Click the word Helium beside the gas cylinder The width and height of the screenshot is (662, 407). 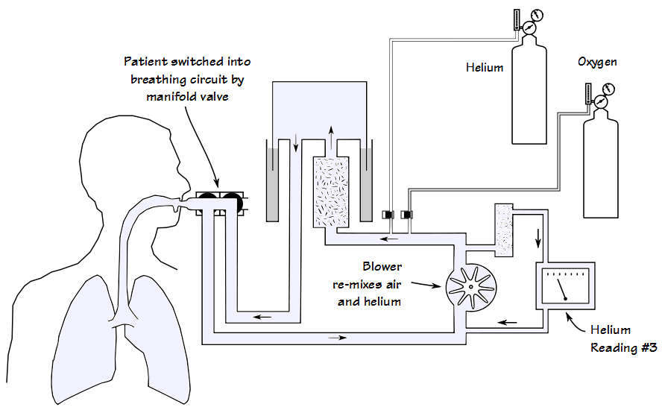(x=485, y=68)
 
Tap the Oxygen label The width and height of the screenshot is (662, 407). (x=597, y=62)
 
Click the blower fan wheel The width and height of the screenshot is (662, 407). (x=470, y=287)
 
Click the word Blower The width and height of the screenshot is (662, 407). (x=382, y=266)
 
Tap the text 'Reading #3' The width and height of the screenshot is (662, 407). (x=623, y=348)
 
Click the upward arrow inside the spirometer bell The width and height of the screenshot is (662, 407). (x=332, y=137)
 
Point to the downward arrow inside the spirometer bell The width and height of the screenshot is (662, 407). (x=296, y=142)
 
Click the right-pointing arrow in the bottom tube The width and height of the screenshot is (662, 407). (x=338, y=338)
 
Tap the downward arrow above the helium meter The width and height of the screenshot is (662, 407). (x=538, y=238)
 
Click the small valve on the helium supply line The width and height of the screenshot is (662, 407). (x=388, y=215)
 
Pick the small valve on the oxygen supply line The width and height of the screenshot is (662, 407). (x=406, y=215)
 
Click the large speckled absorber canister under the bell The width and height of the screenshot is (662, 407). (x=331, y=192)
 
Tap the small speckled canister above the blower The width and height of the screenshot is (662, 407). (x=504, y=230)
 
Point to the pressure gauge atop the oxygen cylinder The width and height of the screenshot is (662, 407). (x=600, y=101)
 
